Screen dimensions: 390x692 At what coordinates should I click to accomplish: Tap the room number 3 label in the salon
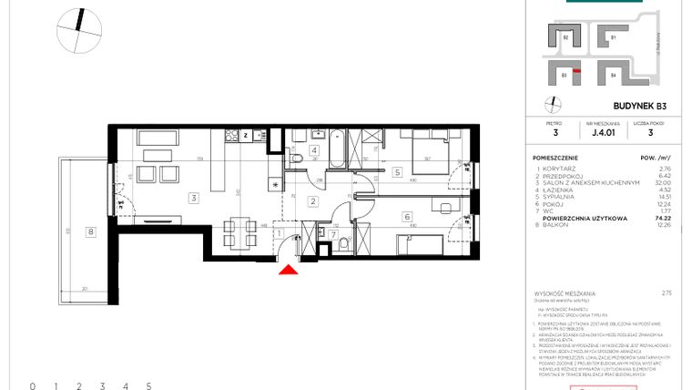tap(193, 197)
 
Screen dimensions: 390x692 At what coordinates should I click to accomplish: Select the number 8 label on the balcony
tap(90, 231)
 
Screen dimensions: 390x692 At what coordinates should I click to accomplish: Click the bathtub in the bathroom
tap(334, 150)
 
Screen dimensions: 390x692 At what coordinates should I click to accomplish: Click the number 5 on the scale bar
tap(148, 385)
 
